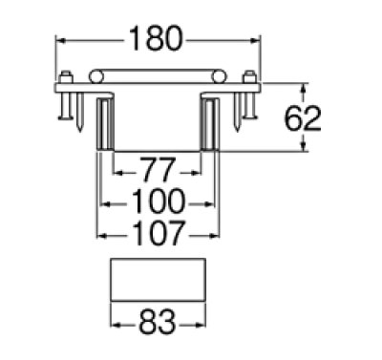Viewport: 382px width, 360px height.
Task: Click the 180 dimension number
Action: tap(158, 40)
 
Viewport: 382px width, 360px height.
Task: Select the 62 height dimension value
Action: tap(304, 118)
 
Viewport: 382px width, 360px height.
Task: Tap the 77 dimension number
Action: tap(158, 173)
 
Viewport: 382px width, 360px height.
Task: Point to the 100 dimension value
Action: tap(158, 202)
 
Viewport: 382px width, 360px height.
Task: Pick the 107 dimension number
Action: tap(158, 232)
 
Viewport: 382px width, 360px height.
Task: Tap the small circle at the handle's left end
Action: tap(95, 76)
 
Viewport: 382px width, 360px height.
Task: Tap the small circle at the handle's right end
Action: tap(219, 76)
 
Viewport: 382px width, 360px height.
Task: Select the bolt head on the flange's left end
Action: tap(65, 78)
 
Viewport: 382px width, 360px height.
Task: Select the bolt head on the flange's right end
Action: tap(250, 78)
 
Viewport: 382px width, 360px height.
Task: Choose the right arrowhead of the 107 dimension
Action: tap(216, 232)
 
